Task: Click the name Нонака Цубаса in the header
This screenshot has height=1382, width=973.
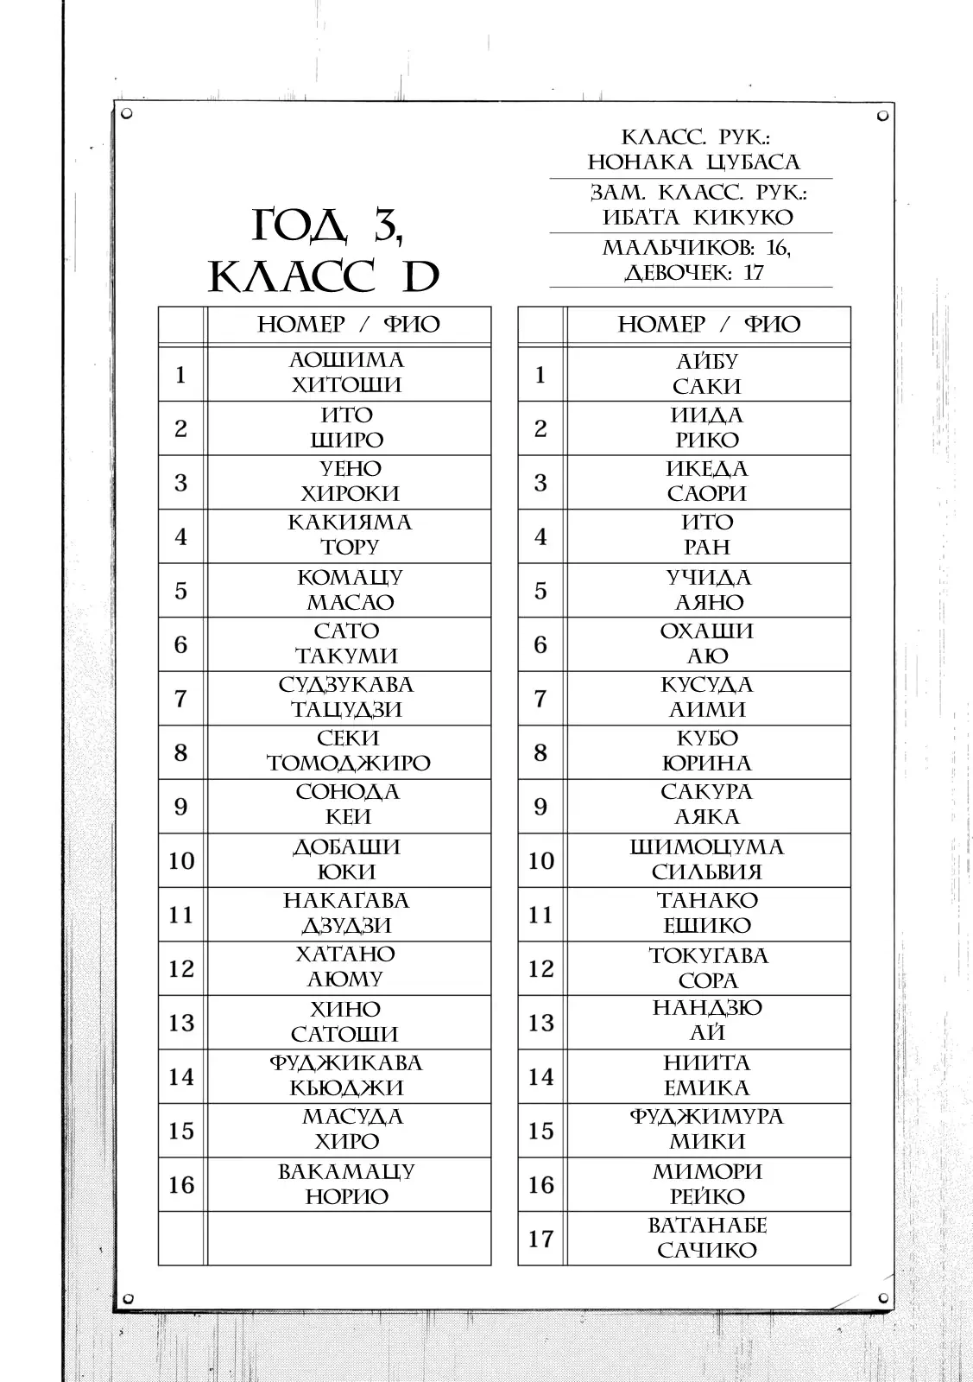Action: [694, 162]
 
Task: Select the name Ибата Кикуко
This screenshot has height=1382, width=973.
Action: [697, 217]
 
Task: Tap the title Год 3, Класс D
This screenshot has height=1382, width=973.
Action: [325, 251]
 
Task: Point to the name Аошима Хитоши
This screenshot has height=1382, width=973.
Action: [346, 373]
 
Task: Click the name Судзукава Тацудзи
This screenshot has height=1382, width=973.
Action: [346, 697]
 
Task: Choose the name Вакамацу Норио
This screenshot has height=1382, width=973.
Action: [346, 1183]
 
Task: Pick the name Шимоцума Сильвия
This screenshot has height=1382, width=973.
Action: [707, 859]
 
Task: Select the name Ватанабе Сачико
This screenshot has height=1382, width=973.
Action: [707, 1238]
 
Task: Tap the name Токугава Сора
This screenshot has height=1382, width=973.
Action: [707, 967]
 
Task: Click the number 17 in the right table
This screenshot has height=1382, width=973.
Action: [540, 1239]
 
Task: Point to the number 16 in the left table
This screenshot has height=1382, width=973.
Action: [181, 1184]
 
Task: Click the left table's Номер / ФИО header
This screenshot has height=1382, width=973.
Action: [348, 325]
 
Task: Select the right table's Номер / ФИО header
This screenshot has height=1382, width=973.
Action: [709, 325]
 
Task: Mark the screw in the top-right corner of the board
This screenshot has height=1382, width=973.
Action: [882, 115]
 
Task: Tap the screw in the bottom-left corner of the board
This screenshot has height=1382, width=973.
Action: [128, 1298]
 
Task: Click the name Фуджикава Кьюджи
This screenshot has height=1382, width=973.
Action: [346, 1075]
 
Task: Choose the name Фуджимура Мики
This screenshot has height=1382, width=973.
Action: [707, 1129]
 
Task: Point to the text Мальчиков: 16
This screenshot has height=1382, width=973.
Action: [696, 248]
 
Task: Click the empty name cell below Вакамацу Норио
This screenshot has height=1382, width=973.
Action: [349, 1238]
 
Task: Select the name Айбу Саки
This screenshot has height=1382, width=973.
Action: [707, 373]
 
